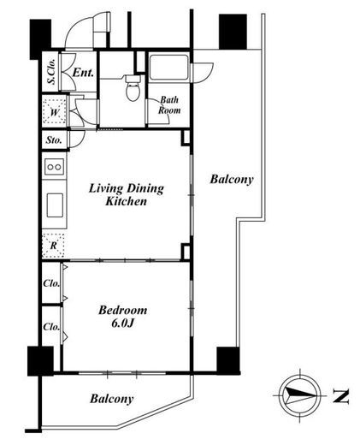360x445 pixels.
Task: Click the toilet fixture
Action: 133,87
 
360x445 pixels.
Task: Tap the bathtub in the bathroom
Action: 169,68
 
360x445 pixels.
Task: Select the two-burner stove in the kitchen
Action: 54,167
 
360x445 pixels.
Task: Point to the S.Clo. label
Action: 51,72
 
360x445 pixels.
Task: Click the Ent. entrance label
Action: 83,73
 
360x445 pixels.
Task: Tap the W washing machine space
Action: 54,111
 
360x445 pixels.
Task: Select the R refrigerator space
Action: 53,246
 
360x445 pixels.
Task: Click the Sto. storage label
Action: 54,140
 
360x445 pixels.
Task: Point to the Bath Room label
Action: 169,105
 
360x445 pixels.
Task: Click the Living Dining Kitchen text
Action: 127,195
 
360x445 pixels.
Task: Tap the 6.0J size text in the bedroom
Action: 123,323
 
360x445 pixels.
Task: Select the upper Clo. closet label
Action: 51,283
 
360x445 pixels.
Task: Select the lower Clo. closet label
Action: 51,327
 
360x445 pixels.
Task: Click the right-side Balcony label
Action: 232,180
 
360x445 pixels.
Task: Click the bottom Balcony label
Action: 112,399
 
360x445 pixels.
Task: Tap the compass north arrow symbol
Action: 300,395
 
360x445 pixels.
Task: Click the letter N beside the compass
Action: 341,396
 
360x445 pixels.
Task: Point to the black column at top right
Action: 233,32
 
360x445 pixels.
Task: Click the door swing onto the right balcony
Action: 203,73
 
